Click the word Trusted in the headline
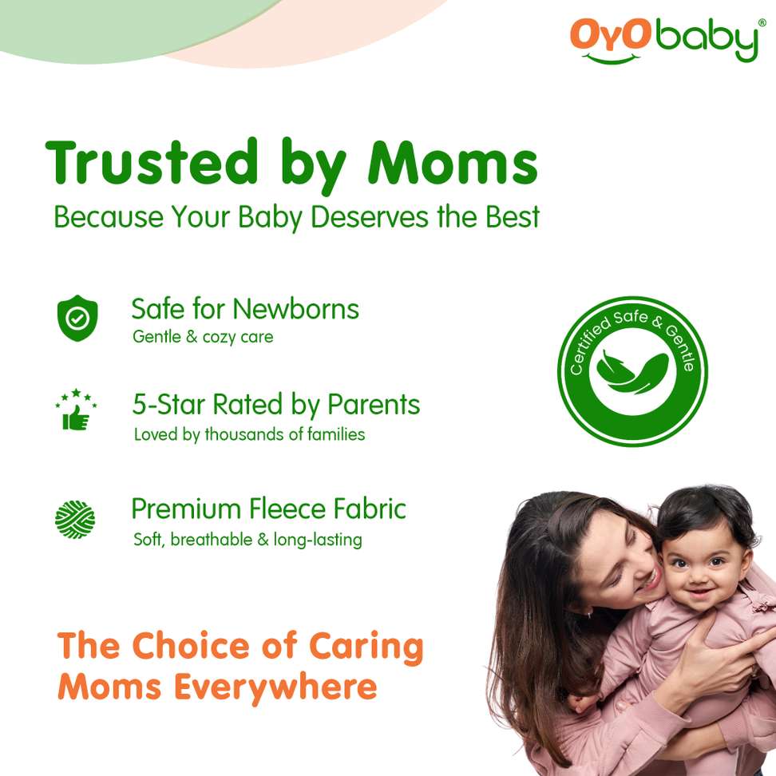pyautogui.click(x=152, y=161)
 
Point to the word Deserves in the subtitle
pyautogui.click(x=369, y=217)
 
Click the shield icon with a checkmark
pyautogui.click(x=77, y=318)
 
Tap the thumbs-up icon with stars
pyautogui.click(x=76, y=410)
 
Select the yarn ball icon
pyautogui.click(x=75, y=519)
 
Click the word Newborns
pyautogui.click(x=296, y=309)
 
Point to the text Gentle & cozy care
pyautogui.click(x=203, y=337)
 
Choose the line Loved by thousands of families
pyautogui.click(x=249, y=434)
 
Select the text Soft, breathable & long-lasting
pyautogui.click(x=248, y=539)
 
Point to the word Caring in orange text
pyautogui.click(x=366, y=647)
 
